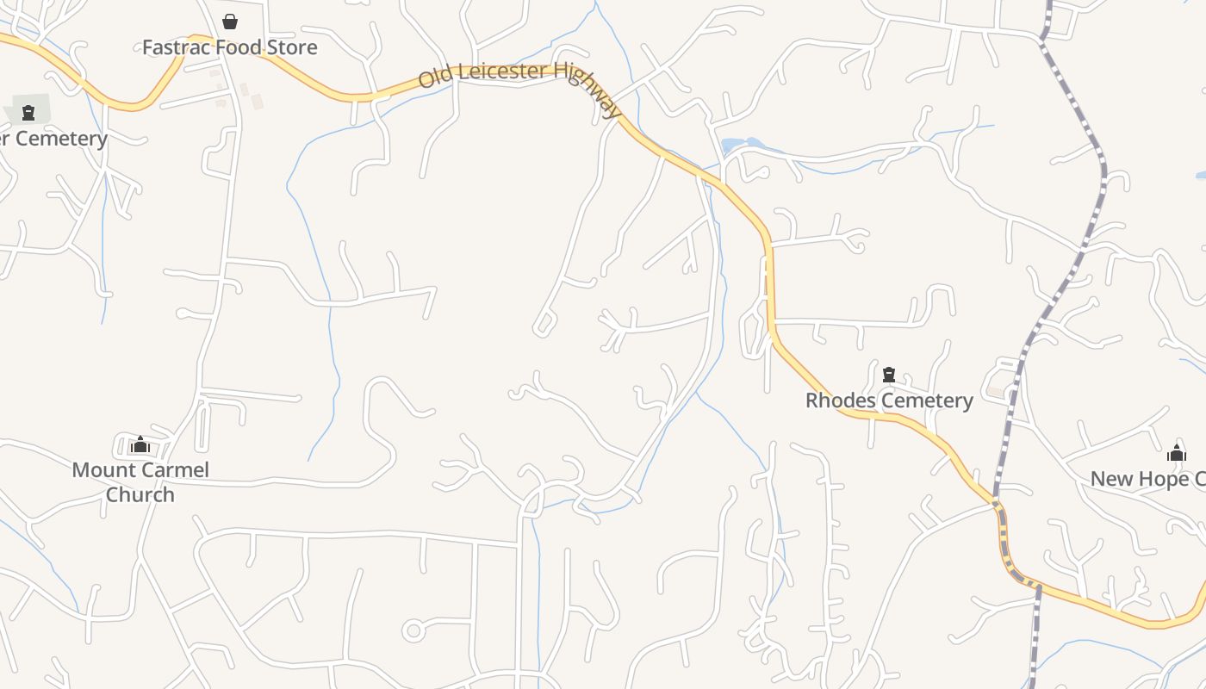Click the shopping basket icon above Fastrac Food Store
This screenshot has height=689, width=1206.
point(230,22)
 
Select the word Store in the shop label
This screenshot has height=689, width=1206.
point(292,47)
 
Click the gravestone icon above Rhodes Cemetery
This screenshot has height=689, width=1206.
point(889,375)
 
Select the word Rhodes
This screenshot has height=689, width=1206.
point(840,400)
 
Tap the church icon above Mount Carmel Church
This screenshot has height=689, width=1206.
point(140,445)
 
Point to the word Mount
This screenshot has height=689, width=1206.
point(102,470)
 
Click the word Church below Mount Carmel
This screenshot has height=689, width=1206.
point(140,495)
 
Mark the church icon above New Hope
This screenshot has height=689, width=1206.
point(1177,454)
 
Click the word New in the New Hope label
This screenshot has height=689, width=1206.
point(1110,479)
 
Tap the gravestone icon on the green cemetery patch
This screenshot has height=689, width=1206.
point(28,112)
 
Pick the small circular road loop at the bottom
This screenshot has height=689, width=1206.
point(413,631)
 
